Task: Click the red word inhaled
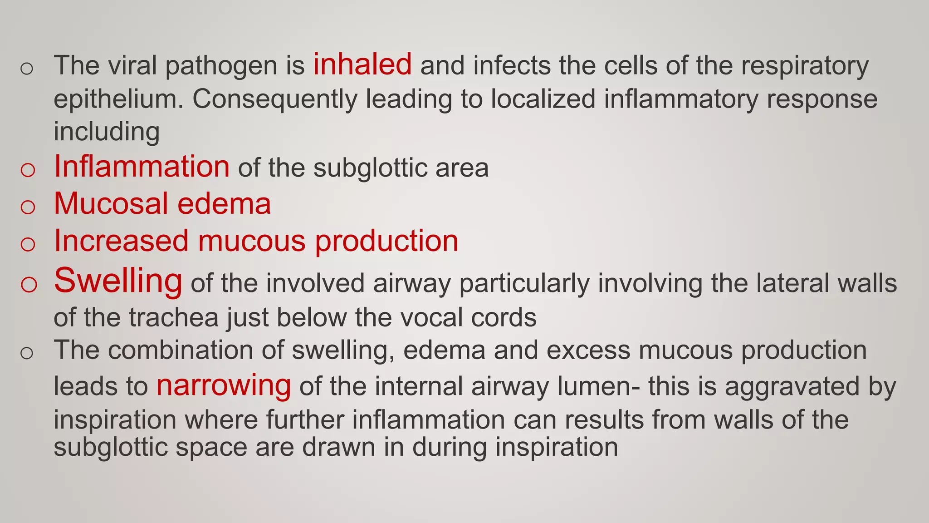coord(362,64)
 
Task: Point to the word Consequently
coord(275,99)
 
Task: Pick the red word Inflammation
coord(142,167)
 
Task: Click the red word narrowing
coord(224,386)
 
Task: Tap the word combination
coord(196,350)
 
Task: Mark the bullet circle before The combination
coord(27,353)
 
